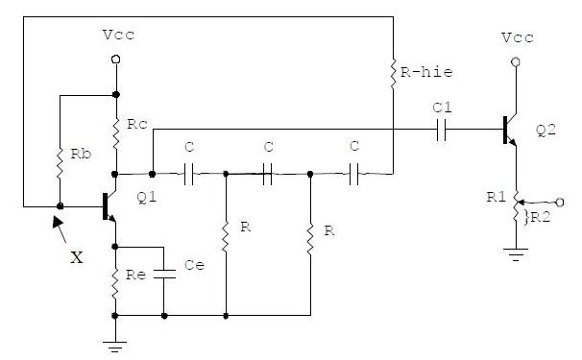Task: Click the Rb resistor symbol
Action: (x=60, y=160)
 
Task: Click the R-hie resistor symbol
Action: (x=393, y=72)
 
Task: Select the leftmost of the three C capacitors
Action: (x=189, y=174)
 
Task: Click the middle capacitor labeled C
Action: (x=268, y=174)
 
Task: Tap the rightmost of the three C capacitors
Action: (x=353, y=174)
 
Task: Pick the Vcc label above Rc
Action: (x=116, y=36)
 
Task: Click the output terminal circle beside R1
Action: (x=559, y=202)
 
